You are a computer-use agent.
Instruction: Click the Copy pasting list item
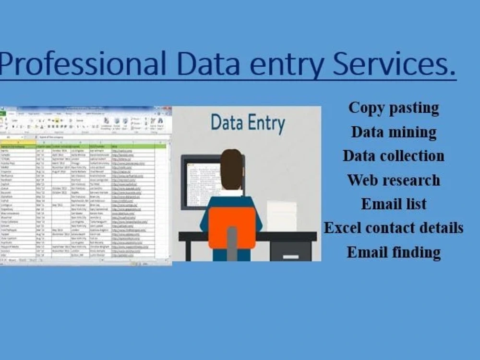pyautogui.click(x=394, y=108)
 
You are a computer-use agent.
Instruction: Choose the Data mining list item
pyautogui.click(x=394, y=132)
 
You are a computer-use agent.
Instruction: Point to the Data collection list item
pyautogui.click(x=394, y=156)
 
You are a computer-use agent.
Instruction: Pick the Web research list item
pyautogui.click(x=394, y=180)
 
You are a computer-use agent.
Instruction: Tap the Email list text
pyautogui.click(x=394, y=204)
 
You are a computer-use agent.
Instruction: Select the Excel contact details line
pyautogui.click(x=394, y=228)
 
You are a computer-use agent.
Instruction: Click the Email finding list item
pyautogui.click(x=394, y=252)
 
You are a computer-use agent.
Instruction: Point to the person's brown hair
pyautogui.click(x=231, y=168)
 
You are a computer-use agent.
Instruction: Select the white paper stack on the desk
pyautogui.click(x=281, y=216)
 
